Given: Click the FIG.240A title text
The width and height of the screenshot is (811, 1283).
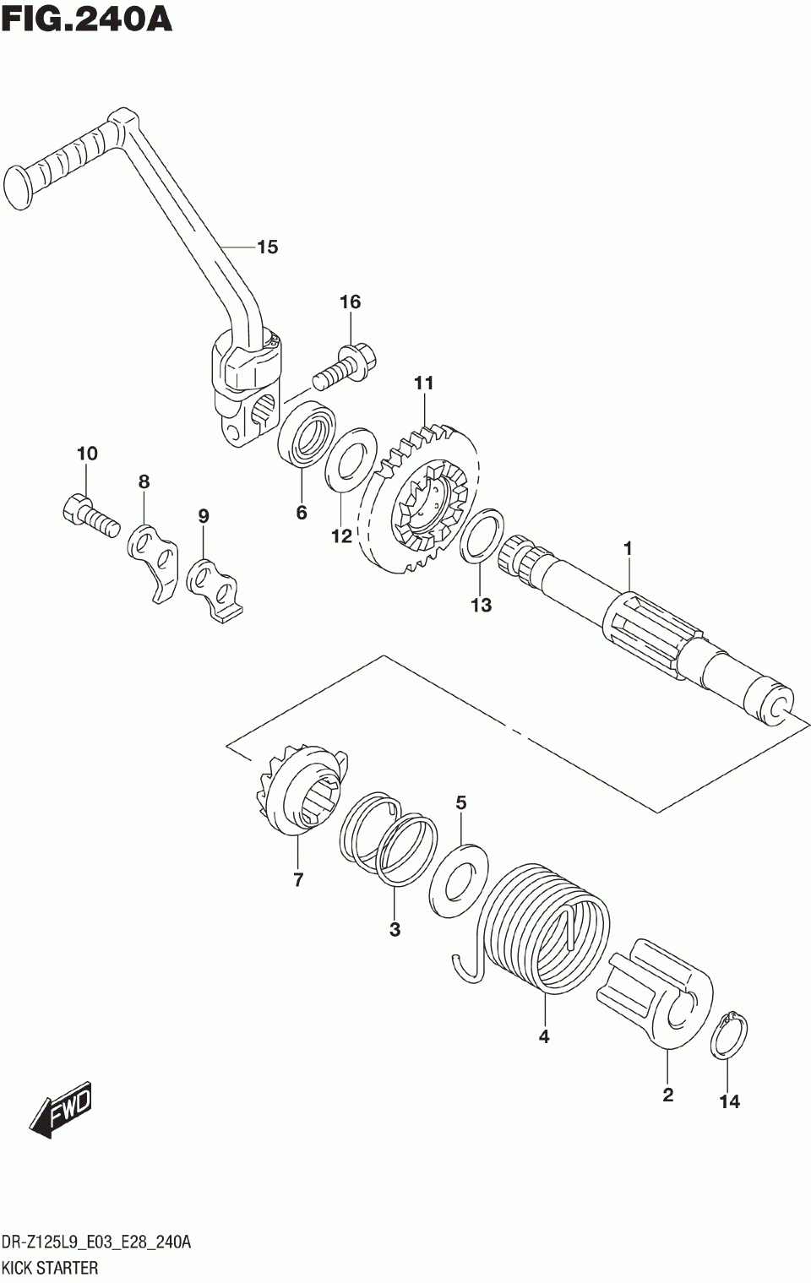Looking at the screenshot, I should [x=87, y=19].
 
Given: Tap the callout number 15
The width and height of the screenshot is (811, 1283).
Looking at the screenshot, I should [x=267, y=247].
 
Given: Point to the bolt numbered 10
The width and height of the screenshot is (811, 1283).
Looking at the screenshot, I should [x=87, y=513].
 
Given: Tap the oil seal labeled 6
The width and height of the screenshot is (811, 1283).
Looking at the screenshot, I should [x=307, y=433].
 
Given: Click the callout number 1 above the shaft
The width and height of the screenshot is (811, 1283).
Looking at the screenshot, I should [x=628, y=549].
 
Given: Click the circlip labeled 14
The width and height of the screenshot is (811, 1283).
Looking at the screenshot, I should [x=728, y=1035].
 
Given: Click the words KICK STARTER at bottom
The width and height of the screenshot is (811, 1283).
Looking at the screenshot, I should [x=51, y=1268].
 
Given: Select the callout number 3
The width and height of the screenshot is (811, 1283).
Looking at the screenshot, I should [x=395, y=930].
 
